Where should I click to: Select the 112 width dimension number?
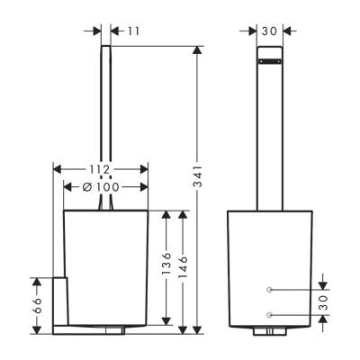(101, 169)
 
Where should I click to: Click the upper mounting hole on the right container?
(269, 289)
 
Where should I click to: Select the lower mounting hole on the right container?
(269, 314)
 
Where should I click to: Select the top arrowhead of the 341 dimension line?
(197, 48)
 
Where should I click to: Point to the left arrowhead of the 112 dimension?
(58, 169)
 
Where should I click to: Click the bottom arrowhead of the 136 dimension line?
(167, 321)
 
